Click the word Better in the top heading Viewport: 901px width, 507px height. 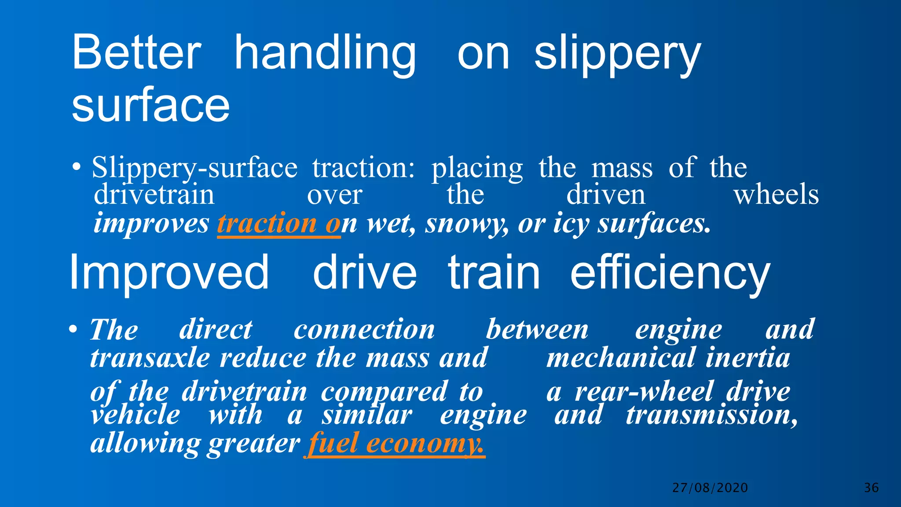coord(136,53)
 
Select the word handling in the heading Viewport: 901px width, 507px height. coord(325,54)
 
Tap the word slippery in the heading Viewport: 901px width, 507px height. coord(617,55)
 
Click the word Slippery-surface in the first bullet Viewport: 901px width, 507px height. coord(194,168)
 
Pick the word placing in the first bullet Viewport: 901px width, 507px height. coord(477,169)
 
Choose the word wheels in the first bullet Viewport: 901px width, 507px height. coord(776,195)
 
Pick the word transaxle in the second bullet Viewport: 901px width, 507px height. coord(150,357)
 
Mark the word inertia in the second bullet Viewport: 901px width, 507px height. coord(748,357)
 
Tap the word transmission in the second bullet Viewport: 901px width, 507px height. coord(711,415)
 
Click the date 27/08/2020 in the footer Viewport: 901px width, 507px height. coord(710,488)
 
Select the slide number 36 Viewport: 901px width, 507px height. coord(872,488)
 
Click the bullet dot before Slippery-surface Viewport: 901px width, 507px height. coord(77,168)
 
